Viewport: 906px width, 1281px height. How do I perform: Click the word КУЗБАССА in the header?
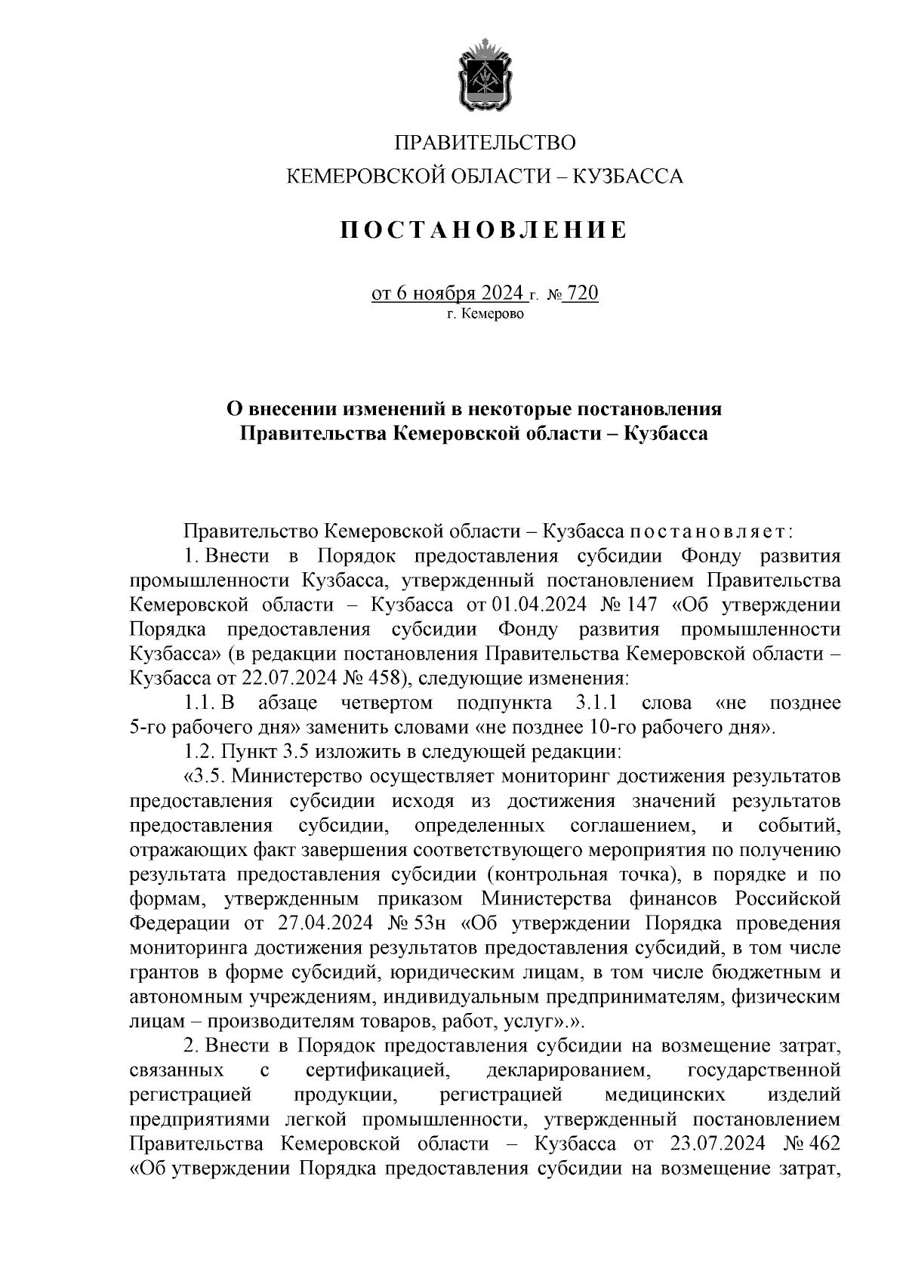(629, 177)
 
